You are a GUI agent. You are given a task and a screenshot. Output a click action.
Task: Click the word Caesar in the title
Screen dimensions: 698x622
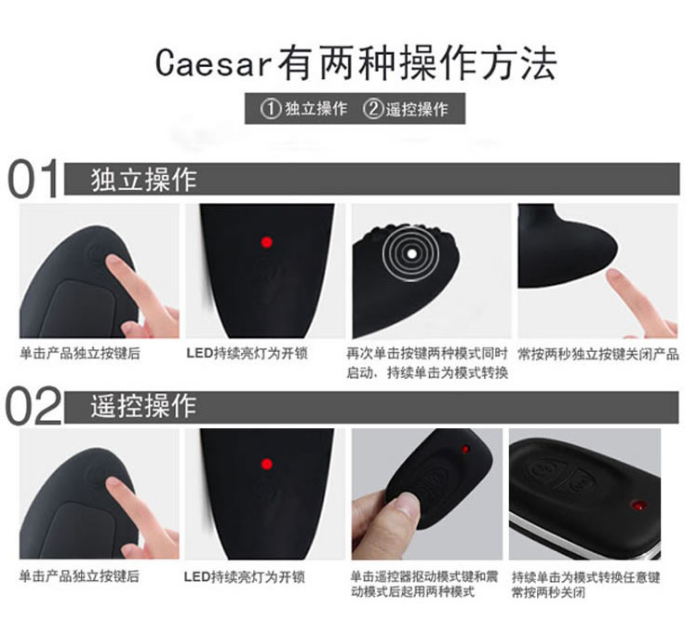pyautogui.click(x=213, y=63)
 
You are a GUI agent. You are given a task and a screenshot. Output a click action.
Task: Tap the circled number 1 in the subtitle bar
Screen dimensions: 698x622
pyautogui.click(x=271, y=109)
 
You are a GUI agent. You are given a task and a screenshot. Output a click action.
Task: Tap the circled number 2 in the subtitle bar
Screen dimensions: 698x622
pyautogui.click(x=373, y=109)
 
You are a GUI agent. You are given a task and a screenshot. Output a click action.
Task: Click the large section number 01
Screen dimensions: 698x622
pyautogui.click(x=33, y=180)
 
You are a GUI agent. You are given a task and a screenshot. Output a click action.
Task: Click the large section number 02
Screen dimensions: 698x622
pyautogui.click(x=33, y=406)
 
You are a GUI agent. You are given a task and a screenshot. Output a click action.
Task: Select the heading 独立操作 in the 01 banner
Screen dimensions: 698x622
pyautogui.click(x=143, y=180)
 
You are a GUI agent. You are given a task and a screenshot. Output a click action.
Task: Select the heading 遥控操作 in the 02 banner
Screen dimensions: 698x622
pyautogui.click(x=143, y=406)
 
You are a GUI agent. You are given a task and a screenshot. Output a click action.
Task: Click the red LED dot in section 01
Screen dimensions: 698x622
pyautogui.click(x=267, y=242)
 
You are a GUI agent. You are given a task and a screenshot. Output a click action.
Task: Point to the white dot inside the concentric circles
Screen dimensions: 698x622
pyautogui.click(x=411, y=254)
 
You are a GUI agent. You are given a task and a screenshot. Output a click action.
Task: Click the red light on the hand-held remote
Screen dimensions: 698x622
pyautogui.click(x=465, y=449)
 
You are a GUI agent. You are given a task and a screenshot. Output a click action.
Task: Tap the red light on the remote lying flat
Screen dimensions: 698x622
pyautogui.click(x=638, y=506)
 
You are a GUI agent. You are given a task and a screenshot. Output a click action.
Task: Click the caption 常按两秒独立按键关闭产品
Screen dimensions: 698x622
pyautogui.click(x=598, y=355)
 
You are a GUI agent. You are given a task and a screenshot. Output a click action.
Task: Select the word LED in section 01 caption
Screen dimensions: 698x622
pyautogui.click(x=199, y=354)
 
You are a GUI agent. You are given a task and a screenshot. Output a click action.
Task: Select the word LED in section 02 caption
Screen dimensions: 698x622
pyautogui.click(x=197, y=577)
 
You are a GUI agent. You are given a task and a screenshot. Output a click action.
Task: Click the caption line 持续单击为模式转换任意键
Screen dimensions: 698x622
pyautogui.click(x=585, y=577)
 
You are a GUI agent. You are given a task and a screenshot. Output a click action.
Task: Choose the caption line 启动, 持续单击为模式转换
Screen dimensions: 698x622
pyautogui.click(x=427, y=372)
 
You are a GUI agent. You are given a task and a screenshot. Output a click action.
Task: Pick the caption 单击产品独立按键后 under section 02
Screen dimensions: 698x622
pyautogui.click(x=79, y=576)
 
